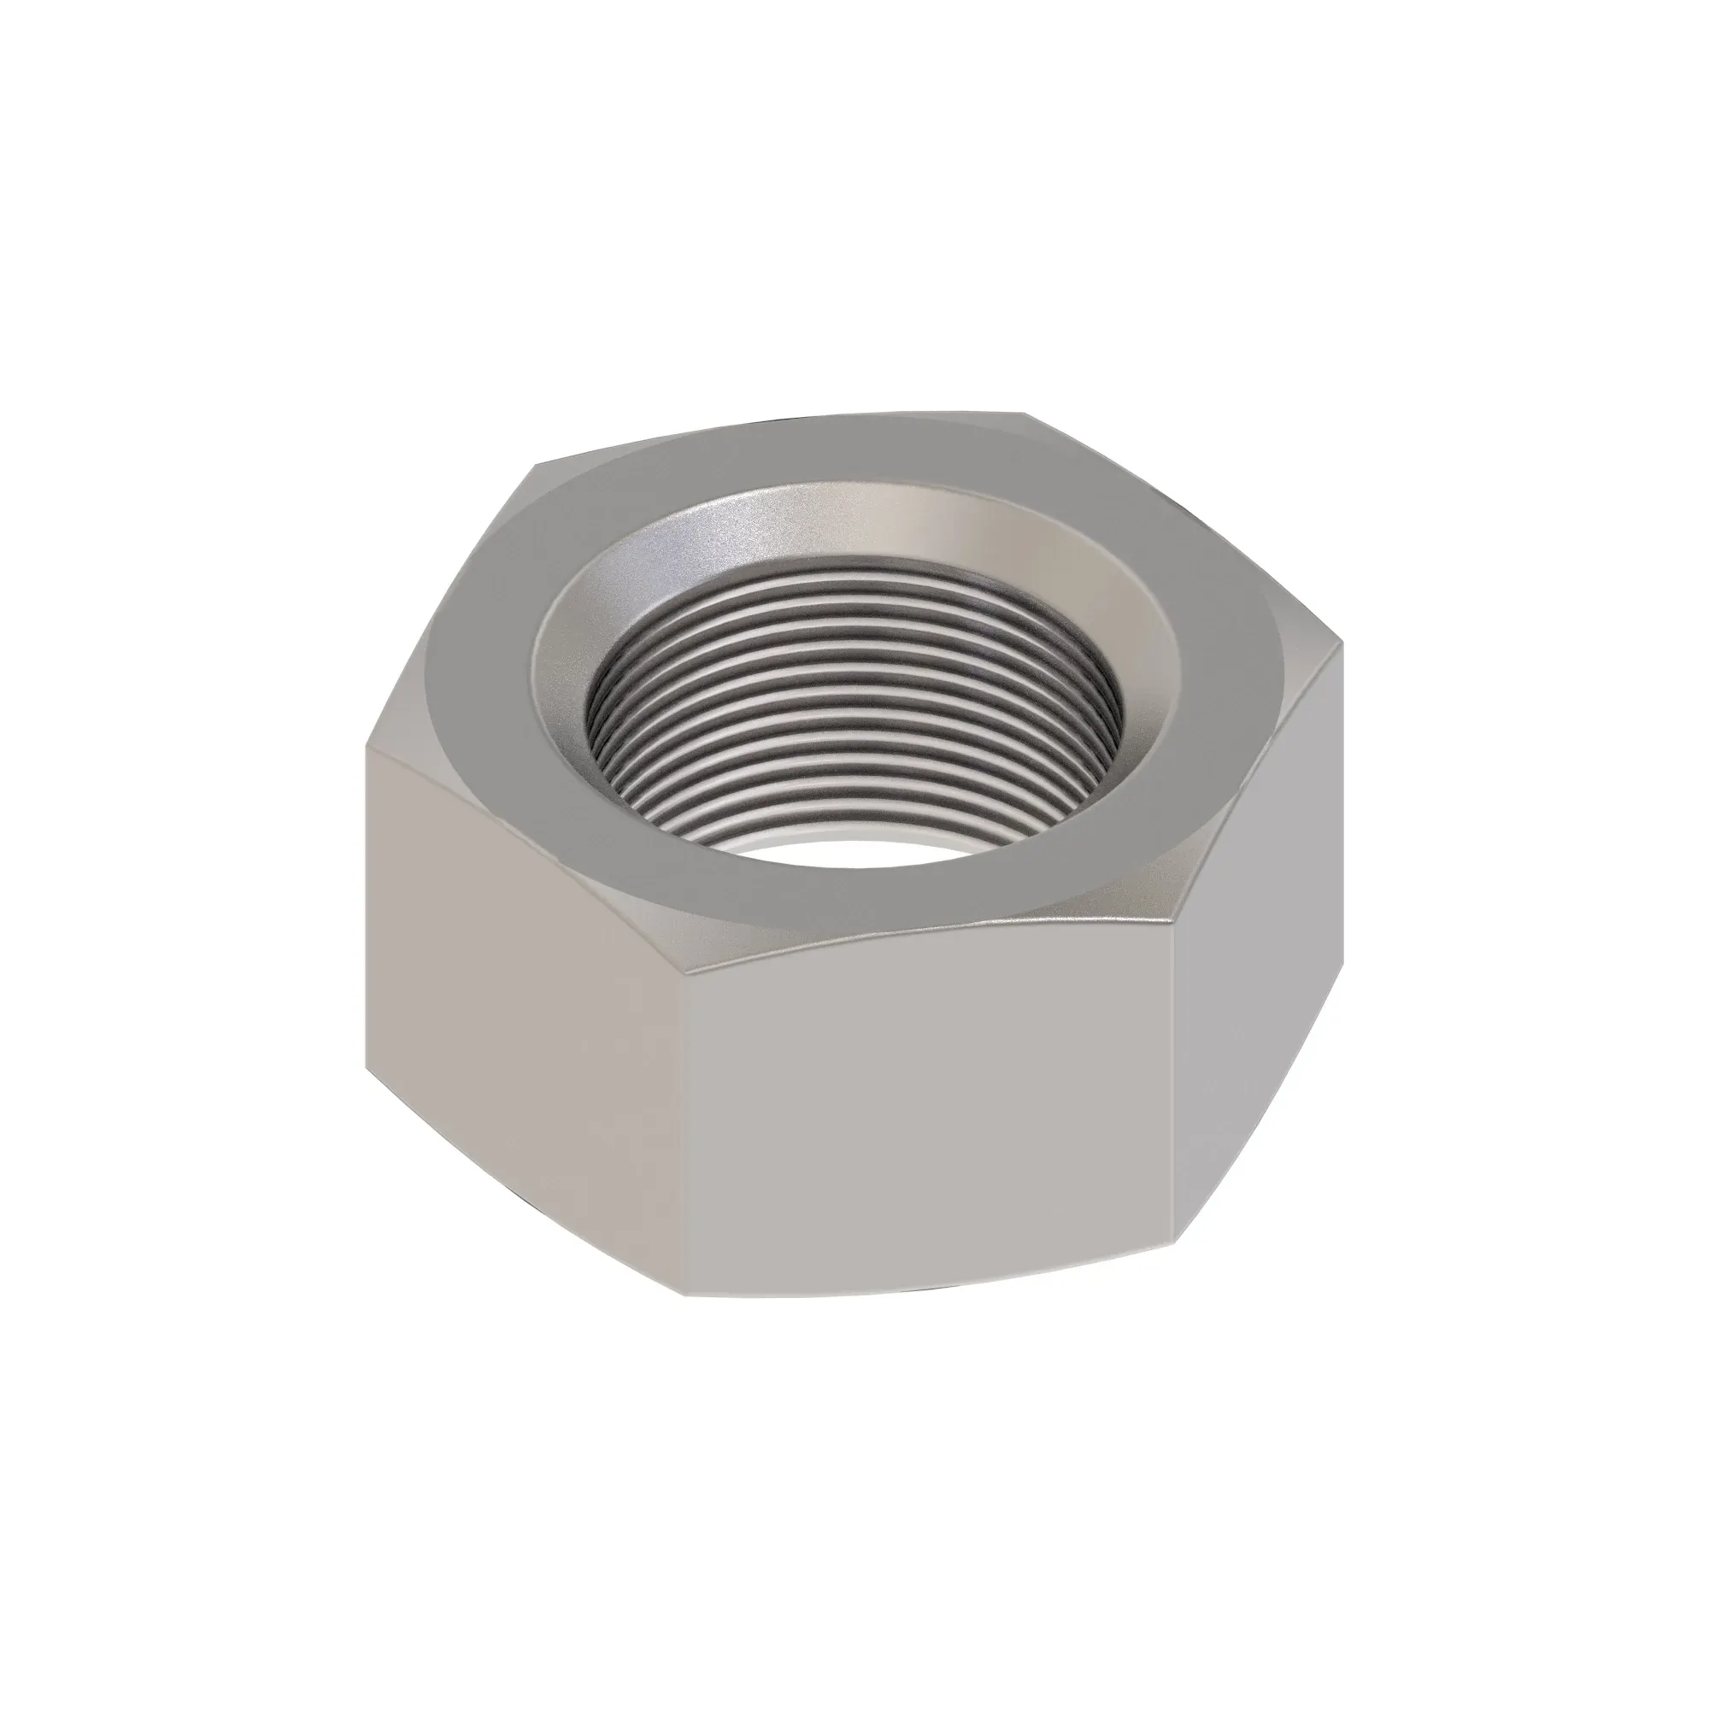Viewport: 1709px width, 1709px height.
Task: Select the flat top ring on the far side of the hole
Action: [796, 460]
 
